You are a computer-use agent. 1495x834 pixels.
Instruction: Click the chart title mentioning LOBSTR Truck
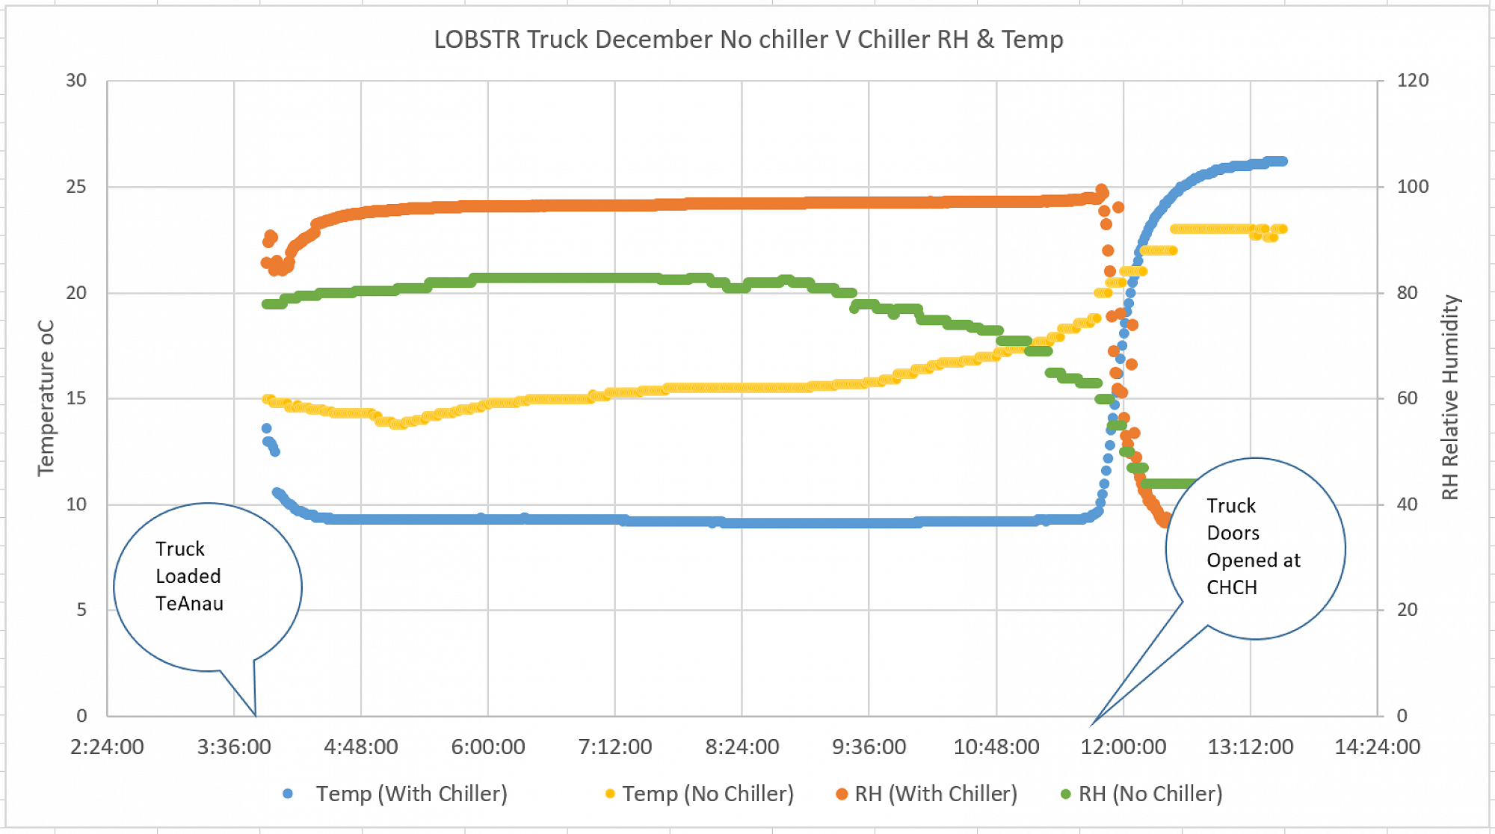coord(748,40)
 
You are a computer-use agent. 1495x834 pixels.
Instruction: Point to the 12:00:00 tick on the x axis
coord(1123,747)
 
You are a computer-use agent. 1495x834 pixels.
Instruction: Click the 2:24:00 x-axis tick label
coord(107,747)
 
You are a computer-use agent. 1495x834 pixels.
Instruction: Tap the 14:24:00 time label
coord(1377,747)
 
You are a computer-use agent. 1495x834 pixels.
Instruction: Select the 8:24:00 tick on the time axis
coord(742,747)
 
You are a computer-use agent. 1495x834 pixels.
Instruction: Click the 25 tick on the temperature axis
coord(76,187)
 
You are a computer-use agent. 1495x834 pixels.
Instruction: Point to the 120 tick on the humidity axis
coord(1412,81)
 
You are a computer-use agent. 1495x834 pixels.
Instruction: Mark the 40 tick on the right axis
coord(1407,504)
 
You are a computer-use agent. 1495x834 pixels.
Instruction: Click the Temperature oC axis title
coord(46,398)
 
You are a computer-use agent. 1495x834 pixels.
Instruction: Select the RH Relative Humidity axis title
coord(1450,398)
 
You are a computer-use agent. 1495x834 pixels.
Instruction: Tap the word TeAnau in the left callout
coord(189,604)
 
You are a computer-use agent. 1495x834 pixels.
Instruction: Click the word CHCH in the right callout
coord(1232,588)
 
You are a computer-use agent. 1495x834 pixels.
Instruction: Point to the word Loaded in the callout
coord(188,576)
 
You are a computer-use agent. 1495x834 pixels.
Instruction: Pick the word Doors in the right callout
coord(1233,534)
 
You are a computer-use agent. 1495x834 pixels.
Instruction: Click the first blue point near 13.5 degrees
coord(266,429)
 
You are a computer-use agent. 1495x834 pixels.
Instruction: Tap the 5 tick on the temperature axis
coord(81,610)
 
